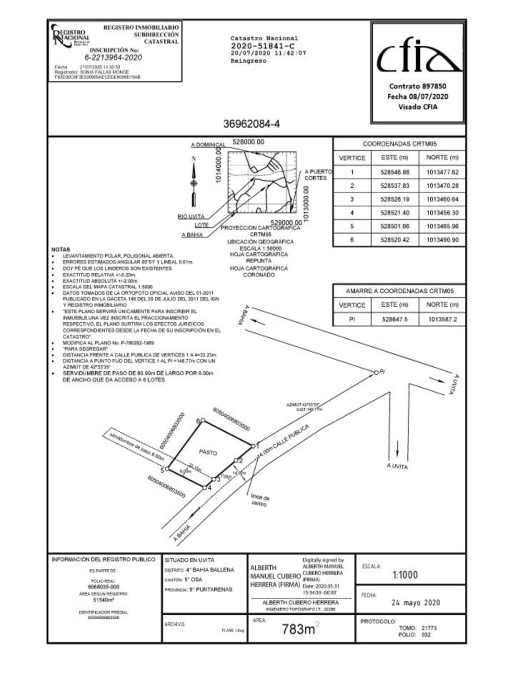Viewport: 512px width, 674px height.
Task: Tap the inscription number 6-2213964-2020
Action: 113,58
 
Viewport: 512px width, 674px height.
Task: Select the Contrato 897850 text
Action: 418,86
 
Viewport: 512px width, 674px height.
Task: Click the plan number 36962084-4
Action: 251,124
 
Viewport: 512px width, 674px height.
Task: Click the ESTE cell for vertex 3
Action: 395,199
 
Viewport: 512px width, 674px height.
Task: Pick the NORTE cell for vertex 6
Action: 442,240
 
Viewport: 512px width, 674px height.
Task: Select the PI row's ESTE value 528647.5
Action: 395,319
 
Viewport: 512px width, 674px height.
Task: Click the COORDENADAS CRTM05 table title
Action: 399,144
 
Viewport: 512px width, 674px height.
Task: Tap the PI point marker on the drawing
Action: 376,372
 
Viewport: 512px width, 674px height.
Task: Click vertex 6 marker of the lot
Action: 203,420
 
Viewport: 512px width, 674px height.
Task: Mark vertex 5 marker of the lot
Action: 167,468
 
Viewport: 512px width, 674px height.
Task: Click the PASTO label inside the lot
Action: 208,452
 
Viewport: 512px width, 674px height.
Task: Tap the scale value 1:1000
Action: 405,575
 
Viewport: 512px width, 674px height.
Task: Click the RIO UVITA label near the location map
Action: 191,217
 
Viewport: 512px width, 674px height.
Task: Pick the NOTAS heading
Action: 61,249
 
